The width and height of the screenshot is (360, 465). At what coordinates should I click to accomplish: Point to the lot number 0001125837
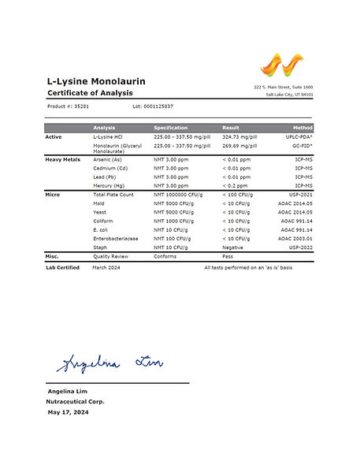(153, 106)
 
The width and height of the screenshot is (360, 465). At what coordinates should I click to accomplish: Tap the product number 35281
(81, 106)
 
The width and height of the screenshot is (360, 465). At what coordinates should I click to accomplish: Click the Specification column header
(170, 128)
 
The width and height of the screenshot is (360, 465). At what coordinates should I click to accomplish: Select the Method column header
(302, 128)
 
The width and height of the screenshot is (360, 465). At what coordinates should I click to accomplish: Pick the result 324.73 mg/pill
(240, 137)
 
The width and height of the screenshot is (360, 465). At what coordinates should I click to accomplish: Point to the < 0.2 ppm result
(236, 185)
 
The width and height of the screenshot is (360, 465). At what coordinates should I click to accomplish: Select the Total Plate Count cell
(114, 194)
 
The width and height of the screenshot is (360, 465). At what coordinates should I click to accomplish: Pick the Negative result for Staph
(233, 247)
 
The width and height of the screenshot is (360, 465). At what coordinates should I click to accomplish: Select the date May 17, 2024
(68, 412)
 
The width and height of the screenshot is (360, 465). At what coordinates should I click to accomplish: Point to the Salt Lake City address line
(288, 95)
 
